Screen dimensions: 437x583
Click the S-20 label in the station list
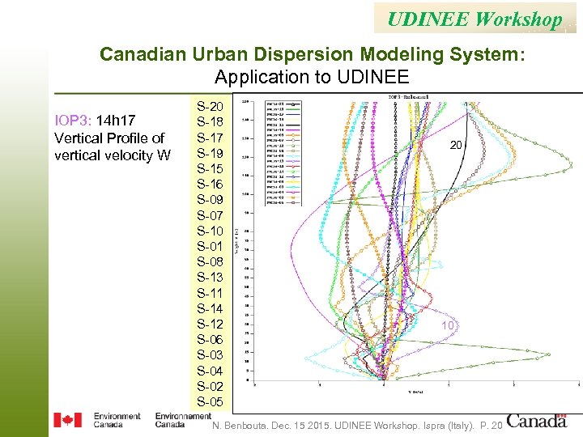[x=210, y=107]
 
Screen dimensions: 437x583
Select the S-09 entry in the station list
[x=210, y=200]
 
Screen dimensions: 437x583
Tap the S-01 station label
[x=210, y=247]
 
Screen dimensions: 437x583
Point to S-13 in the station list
[x=210, y=278]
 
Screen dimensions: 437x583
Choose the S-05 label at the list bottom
[x=210, y=402]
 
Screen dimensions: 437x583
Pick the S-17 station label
[x=210, y=138]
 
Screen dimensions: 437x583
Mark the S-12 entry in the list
[x=210, y=325]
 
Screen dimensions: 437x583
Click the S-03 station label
[x=210, y=355]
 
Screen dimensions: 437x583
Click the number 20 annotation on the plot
[x=457, y=145]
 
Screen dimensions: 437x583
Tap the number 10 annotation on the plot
[x=448, y=325]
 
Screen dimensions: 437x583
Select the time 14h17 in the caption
[x=116, y=121]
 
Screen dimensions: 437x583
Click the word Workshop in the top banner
[x=519, y=19]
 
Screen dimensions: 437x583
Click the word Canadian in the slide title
[x=143, y=55]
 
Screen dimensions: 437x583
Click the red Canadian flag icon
[x=67, y=420]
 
